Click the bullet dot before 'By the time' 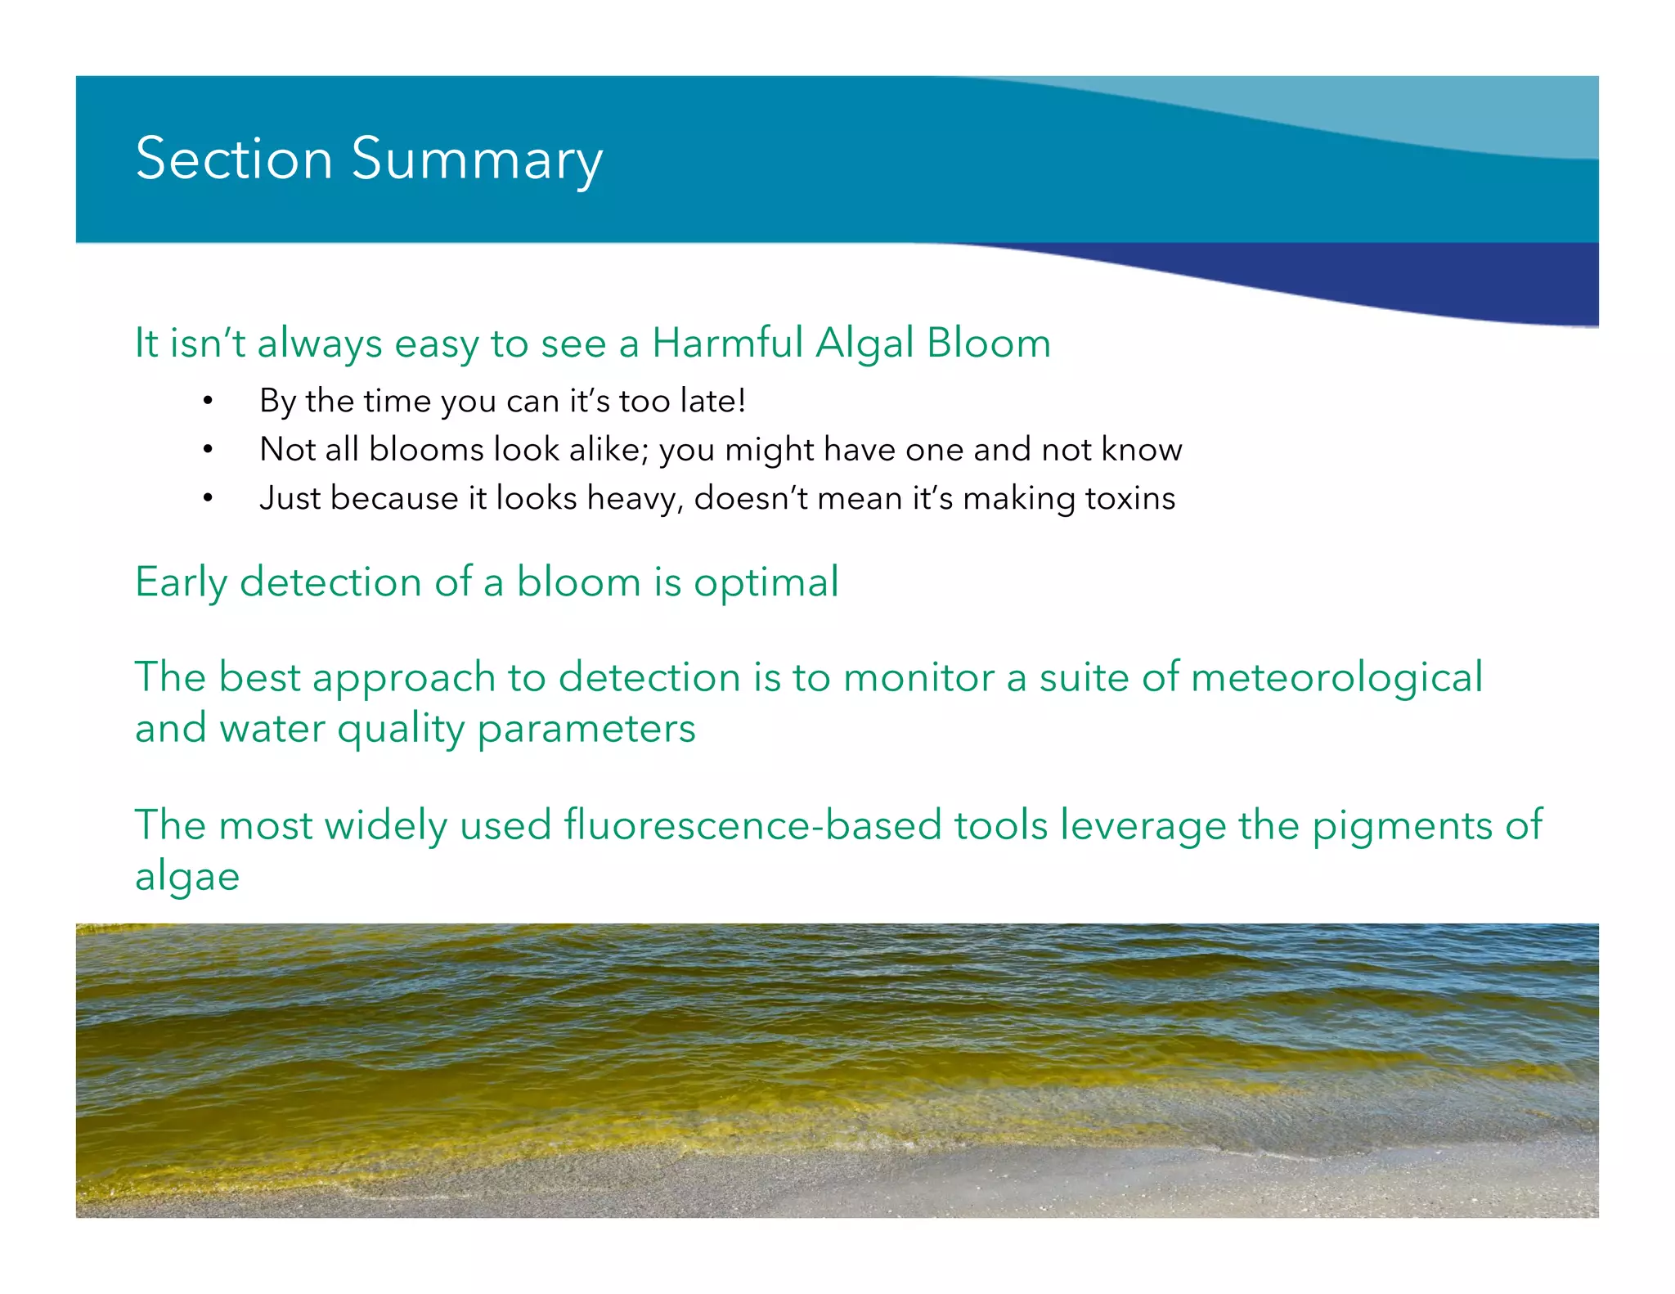[209, 401]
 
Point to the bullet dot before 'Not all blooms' [209, 449]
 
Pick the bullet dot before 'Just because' [209, 497]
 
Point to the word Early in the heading [181, 582]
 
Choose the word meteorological [1336, 677]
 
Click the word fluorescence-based [752, 824]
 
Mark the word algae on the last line [187, 877]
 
